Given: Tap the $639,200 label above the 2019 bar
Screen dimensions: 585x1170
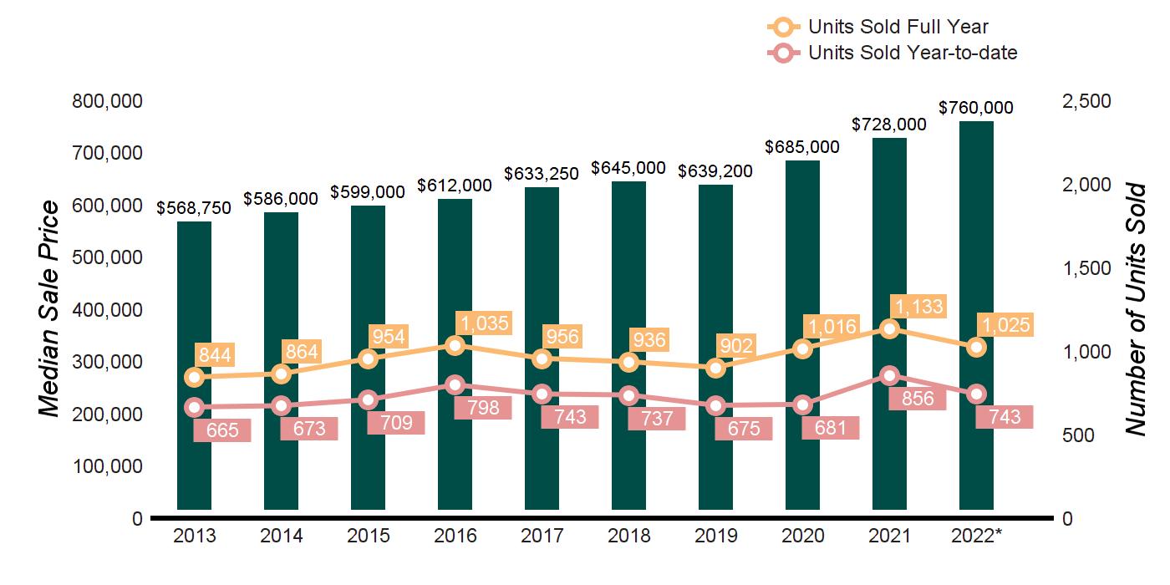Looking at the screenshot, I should coord(715,171).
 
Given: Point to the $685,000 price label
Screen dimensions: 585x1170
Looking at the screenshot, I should coord(802,147).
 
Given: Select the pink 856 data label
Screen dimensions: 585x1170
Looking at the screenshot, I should coord(918,398).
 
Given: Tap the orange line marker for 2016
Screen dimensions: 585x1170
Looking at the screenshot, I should coord(455,345).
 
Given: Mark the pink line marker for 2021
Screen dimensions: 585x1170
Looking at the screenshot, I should coord(889,375).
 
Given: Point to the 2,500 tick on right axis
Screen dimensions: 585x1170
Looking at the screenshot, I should coord(1086,101).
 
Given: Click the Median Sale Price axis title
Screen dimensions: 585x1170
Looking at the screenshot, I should coord(50,308).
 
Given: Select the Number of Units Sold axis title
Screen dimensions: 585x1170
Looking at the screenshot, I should coord(1134,309).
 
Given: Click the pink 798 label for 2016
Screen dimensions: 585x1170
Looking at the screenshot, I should coord(482,407).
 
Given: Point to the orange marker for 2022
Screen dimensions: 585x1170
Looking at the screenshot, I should coord(976,347).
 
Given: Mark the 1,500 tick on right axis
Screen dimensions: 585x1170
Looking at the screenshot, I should coord(1086,268).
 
